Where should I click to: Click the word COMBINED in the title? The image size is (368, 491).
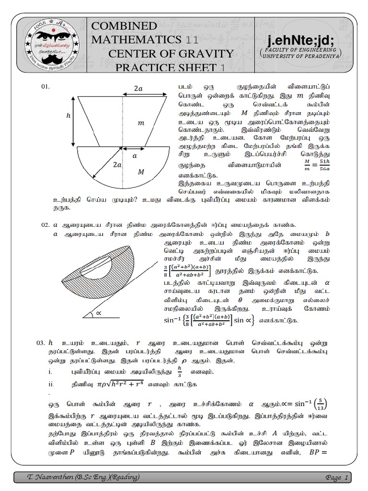pyautogui.click(x=124, y=26)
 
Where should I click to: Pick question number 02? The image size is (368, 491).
pyautogui.click(x=46, y=225)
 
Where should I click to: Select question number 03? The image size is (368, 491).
pyautogui.click(x=41, y=343)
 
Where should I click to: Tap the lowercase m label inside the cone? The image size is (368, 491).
pyautogui.click(x=141, y=124)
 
